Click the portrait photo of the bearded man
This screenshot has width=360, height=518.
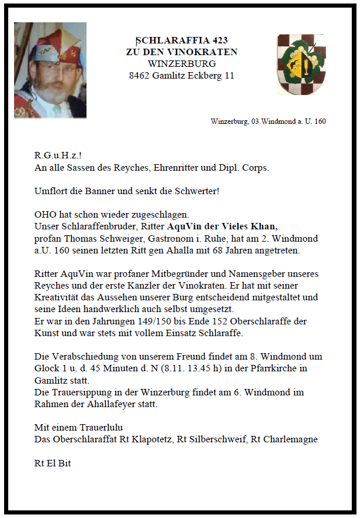50,70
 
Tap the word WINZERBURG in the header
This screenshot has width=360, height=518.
182,64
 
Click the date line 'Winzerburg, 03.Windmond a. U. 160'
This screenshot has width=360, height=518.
268,121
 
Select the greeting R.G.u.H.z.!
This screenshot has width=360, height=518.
57,156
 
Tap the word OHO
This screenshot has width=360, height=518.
46,214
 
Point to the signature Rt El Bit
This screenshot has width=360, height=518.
53,463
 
